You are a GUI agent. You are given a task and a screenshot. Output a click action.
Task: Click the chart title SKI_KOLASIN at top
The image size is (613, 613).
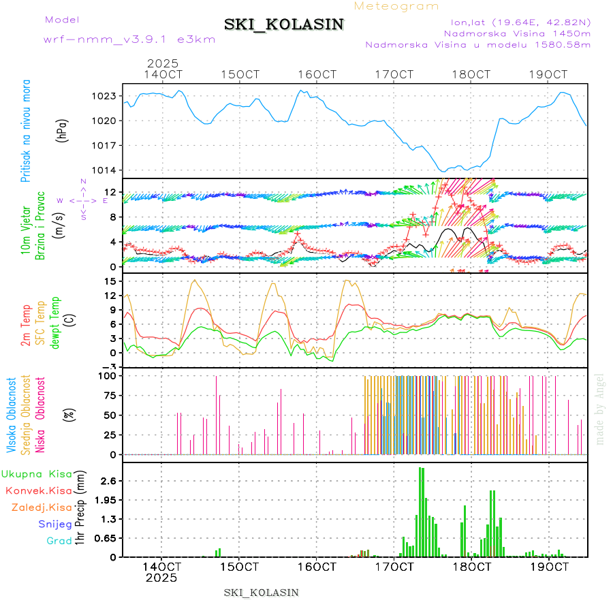coord(284,25)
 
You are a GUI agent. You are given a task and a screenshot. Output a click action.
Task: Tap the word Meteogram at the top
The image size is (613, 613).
coord(397,6)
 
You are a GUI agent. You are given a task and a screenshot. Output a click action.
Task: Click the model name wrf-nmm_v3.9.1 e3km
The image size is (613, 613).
coord(129,40)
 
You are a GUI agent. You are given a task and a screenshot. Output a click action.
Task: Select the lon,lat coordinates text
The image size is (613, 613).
coord(516,22)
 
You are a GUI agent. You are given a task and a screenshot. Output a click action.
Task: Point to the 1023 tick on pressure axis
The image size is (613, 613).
coord(106,96)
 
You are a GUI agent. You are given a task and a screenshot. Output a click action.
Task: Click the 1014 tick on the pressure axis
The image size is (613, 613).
coord(106,170)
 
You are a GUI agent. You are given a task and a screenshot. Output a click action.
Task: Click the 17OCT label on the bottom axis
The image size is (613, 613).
coord(394,566)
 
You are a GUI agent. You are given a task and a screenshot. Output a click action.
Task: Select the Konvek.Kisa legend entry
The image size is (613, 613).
coord(38,490)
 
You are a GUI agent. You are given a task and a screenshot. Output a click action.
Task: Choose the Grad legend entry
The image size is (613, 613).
coord(59,541)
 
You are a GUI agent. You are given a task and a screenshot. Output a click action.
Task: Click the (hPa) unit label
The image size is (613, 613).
coord(63,130)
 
